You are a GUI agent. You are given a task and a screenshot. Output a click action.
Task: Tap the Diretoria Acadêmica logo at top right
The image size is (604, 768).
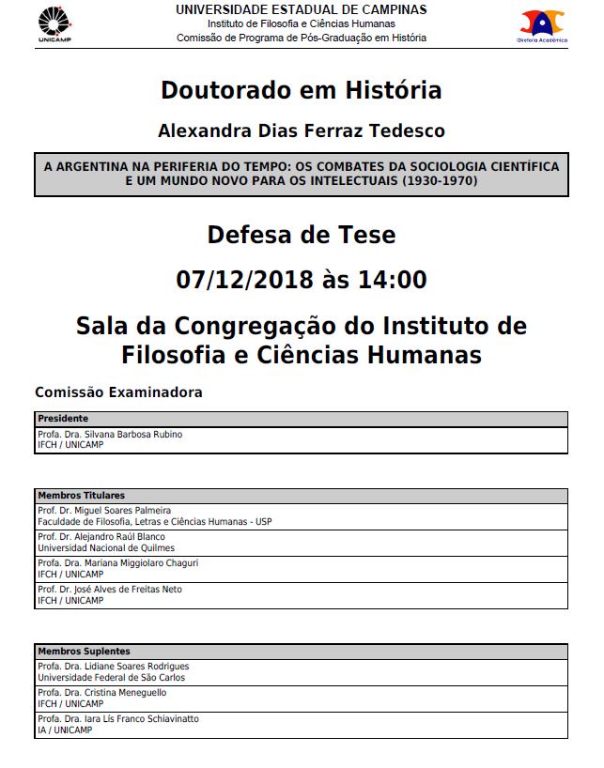pyautogui.click(x=542, y=26)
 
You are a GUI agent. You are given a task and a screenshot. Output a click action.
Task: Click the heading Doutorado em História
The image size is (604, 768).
pyautogui.click(x=301, y=90)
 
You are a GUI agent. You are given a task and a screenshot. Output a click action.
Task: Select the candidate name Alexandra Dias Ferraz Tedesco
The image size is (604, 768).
pyautogui.click(x=301, y=131)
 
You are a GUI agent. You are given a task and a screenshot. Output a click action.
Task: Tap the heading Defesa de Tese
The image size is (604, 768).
pyautogui.click(x=301, y=234)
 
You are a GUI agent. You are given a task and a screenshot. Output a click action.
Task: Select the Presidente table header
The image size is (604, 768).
pyautogui.click(x=63, y=419)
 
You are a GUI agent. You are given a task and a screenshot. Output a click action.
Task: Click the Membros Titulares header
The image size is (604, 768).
pyautogui.click(x=81, y=495)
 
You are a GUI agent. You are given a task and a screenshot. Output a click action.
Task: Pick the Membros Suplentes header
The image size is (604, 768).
pyautogui.click(x=84, y=651)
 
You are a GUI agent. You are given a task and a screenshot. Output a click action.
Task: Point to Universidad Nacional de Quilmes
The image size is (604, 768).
pyautogui.click(x=106, y=548)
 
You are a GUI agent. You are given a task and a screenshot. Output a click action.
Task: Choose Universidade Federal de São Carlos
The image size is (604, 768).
pyautogui.click(x=111, y=677)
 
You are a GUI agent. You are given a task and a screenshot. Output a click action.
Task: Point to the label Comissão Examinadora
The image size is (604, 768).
pyautogui.click(x=118, y=392)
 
